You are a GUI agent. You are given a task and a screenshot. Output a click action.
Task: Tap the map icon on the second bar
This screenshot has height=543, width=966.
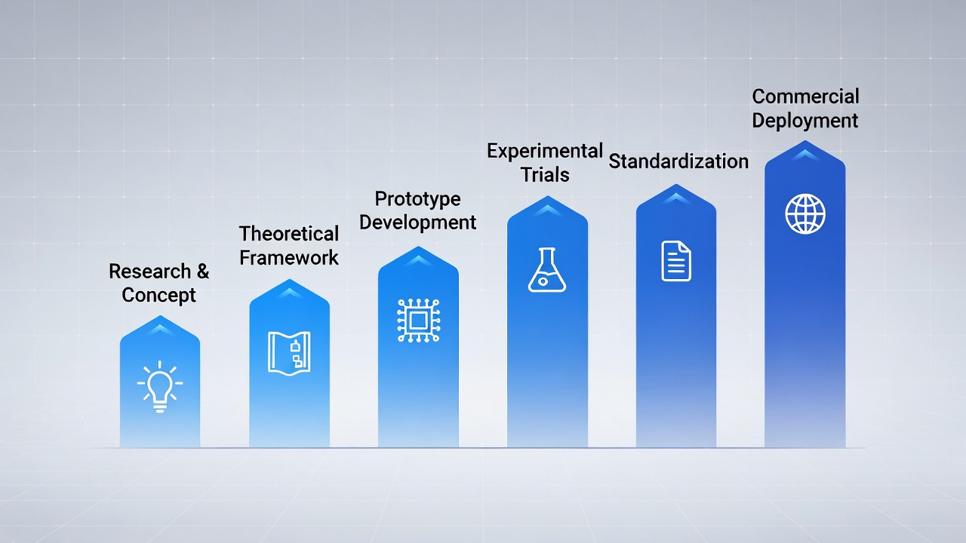289,351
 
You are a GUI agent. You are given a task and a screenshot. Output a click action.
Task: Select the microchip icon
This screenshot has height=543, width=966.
417,321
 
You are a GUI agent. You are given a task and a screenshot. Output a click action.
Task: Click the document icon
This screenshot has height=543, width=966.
676,261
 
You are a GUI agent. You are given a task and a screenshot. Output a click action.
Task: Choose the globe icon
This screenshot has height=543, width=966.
805,213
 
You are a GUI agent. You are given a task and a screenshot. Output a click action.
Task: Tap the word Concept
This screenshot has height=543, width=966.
158,295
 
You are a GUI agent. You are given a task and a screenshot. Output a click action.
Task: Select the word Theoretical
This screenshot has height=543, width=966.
289,233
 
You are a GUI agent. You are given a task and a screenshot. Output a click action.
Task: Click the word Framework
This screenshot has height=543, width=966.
289,257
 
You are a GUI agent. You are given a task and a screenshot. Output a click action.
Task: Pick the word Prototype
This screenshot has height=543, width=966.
417,198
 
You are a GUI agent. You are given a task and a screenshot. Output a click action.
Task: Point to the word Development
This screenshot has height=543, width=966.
417,222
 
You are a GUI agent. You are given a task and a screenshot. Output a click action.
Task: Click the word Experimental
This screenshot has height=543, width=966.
544,150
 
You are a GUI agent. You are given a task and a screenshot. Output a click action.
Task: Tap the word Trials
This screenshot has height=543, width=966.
545,174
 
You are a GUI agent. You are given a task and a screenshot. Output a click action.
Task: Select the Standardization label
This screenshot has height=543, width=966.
678,161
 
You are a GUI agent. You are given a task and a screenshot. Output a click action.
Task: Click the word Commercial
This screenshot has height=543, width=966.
805,97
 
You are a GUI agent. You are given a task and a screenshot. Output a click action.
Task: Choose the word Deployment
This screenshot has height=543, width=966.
805,121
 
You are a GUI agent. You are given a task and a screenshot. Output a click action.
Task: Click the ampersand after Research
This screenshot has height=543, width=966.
202,271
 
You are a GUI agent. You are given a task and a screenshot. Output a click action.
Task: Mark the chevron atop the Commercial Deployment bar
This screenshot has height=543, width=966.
805,154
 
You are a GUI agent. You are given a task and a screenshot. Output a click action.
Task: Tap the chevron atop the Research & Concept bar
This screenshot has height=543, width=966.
159,329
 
